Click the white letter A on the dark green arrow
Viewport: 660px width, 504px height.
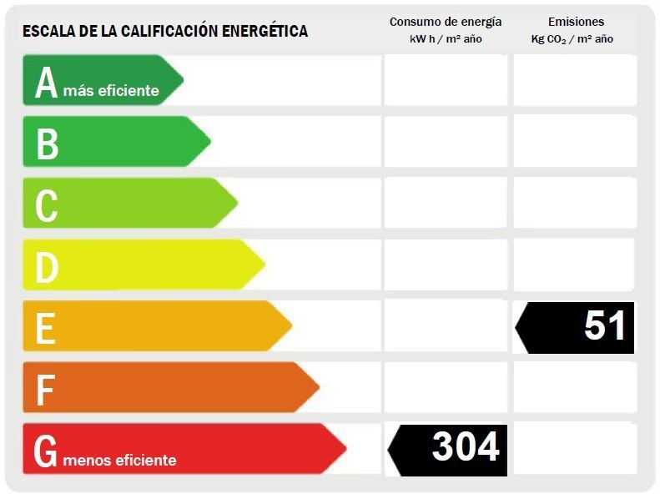[46, 83]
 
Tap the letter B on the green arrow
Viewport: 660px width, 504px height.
[47, 144]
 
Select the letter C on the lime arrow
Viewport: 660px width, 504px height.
[46, 205]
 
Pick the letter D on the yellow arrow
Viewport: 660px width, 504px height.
[47, 267]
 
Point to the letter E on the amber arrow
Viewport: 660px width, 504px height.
[45, 329]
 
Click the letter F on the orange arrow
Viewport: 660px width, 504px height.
[45, 390]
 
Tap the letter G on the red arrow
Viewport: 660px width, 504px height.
[45, 451]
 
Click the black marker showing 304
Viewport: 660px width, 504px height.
[447, 450]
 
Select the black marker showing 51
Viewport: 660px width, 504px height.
[575, 328]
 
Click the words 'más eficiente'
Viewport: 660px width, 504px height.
[111, 90]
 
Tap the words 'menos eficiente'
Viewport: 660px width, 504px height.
[119, 460]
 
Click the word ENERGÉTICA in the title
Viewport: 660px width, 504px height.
[265, 31]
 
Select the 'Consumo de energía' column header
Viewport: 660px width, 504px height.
[446, 22]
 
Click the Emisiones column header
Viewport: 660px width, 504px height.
[576, 22]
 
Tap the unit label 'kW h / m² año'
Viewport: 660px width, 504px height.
[446, 38]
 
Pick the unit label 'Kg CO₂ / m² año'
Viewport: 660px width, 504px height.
[572, 39]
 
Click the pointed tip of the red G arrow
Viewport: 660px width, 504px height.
[346, 449]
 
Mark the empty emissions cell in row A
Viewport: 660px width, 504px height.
[575, 80]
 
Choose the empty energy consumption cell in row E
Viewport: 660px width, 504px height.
[446, 325]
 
